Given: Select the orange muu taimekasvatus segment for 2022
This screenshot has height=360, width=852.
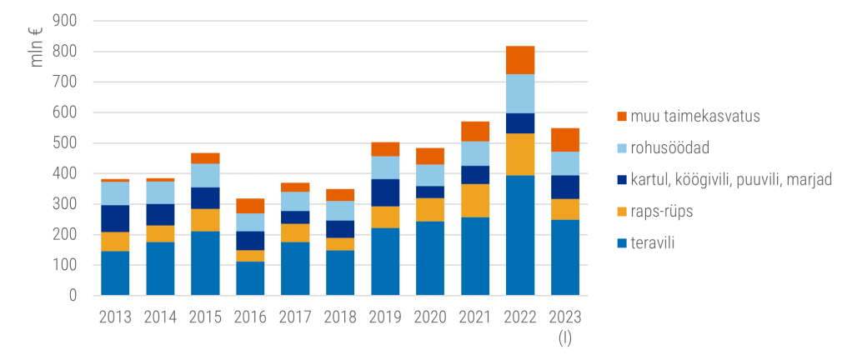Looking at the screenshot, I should [x=520, y=60].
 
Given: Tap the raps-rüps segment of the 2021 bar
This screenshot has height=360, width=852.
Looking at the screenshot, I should [x=475, y=200].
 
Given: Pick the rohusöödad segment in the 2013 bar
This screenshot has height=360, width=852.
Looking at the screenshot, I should [x=115, y=193].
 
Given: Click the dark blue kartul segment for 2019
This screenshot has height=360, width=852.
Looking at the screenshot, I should [x=385, y=192].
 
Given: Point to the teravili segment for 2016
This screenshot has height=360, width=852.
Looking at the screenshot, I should [x=250, y=278].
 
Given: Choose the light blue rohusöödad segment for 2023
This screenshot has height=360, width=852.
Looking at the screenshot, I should [x=565, y=163].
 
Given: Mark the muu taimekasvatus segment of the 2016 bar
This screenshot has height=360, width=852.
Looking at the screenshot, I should [x=250, y=206].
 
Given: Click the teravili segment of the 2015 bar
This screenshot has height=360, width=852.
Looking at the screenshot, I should [x=205, y=263].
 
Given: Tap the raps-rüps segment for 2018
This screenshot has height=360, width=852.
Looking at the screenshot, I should [x=340, y=244].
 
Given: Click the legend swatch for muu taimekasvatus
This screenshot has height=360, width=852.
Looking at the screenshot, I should [x=622, y=117].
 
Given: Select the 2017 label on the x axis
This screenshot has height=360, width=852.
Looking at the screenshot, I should [x=295, y=317].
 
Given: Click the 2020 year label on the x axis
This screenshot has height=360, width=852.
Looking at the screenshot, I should [x=430, y=317].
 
